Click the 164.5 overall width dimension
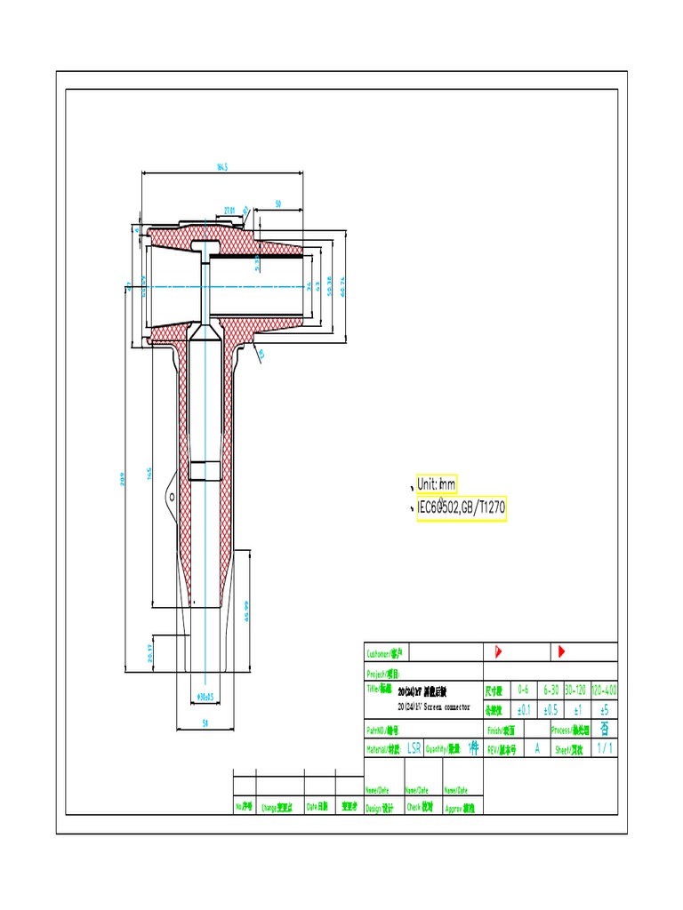[x=222, y=166]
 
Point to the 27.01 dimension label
[x=229, y=211]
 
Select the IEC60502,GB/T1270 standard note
[x=462, y=507]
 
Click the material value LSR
[x=414, y=749]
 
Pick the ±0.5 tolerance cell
[x=550, y=710]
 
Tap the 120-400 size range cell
[x=604, y=690]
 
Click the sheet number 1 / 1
[x=604, y=749]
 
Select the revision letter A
[x=537, y=749]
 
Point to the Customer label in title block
[x=385, y=653]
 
